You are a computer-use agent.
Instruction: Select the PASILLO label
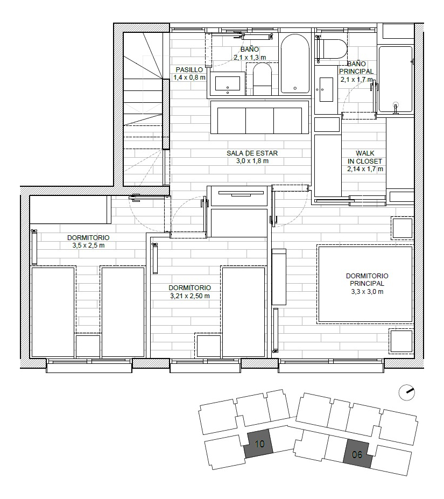tap(189, 69)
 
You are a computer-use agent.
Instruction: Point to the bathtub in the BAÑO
tap(294, 65)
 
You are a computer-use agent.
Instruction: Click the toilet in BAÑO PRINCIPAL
tap(334, 48)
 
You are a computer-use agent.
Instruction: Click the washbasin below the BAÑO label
tap(227, 83)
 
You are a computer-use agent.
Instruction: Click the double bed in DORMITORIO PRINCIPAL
tap(365, 284)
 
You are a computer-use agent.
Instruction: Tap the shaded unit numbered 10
tap(259, 445)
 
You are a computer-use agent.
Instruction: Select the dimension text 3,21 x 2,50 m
tap(189, 296)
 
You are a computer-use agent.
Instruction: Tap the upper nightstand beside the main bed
tap(402, 228)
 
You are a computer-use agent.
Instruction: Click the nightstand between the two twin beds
tap(88, 346)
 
